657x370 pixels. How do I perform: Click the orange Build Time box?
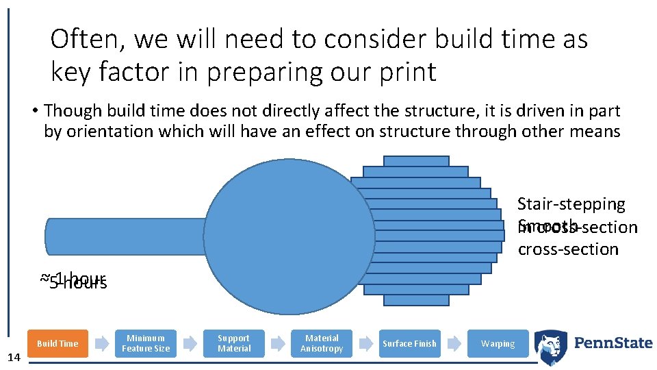57,343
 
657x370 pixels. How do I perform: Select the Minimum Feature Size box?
146,343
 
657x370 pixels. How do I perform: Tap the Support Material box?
234,343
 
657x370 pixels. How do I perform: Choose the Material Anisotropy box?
322,343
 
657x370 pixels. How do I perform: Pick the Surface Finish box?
409,343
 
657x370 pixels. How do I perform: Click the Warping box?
498,343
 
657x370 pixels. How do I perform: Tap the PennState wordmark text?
613,343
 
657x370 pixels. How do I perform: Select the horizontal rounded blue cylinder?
123,236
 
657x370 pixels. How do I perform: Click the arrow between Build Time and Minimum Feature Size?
101,343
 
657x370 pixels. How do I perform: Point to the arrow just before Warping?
454,343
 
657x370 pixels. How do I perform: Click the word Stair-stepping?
571,204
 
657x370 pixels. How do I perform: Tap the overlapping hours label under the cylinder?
73,280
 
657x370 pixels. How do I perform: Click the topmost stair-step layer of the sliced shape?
416,161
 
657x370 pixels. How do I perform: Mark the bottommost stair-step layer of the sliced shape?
416,300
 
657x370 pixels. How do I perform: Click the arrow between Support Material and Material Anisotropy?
278,343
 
